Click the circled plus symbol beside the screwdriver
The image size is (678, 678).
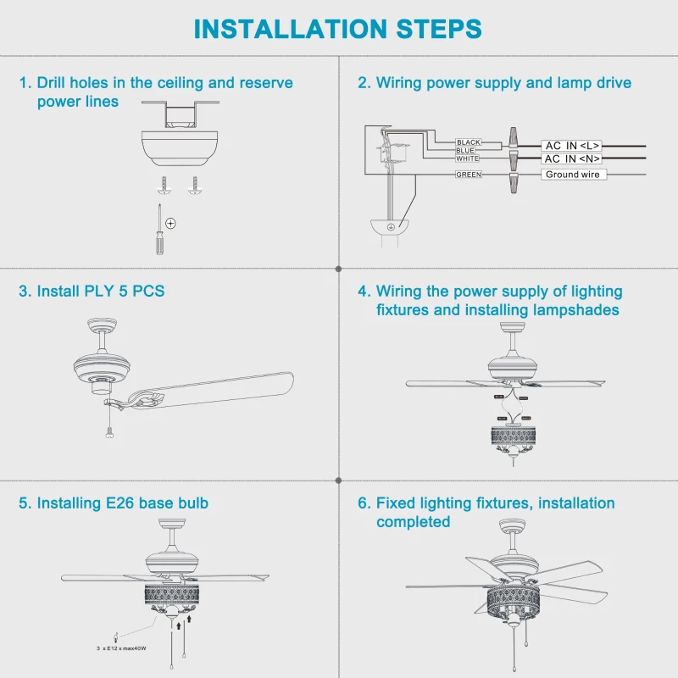(x=170, y=223)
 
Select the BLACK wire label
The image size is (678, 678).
(x=468, y=142)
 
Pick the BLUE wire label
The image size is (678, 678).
(x=465, y=150)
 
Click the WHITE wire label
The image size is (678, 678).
(x=467, y=158)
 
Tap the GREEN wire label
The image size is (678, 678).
(x=468, y=175)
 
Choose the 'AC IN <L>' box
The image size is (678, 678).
(x=572, y=146)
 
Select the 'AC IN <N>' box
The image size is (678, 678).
(x=572, y=158)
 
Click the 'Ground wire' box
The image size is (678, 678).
(x=572, y=175)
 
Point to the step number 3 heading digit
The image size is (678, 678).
(x=24, y=292)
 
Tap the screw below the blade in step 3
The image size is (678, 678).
(x=108, y=432)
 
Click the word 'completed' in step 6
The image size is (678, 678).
(x=413, y=522)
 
